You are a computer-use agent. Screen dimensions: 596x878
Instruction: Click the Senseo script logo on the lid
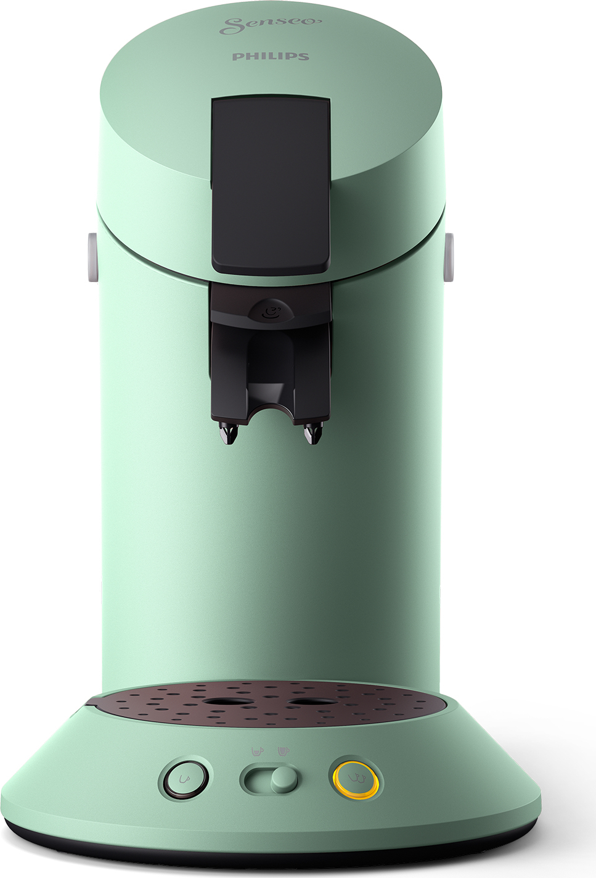[270, 27]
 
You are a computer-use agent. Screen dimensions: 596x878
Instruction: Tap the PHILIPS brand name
[271, 57]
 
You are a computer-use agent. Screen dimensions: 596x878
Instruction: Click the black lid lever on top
[271, 185]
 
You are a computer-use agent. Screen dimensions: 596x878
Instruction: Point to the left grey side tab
[92, 257]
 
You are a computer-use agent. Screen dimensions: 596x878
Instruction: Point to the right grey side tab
[449, 257]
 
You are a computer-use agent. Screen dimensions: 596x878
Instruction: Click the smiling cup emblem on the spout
[270, 312]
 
